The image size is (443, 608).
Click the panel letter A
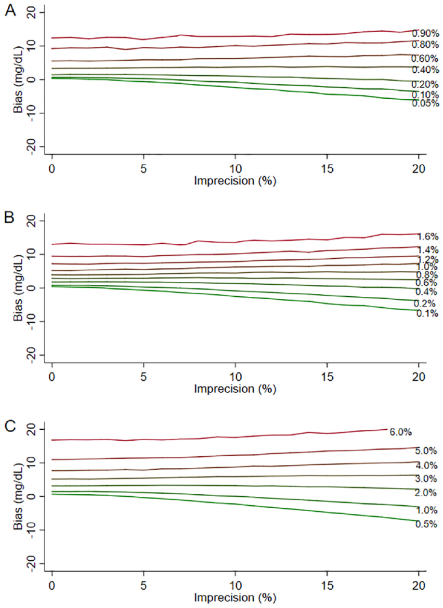click(x=10, y=12)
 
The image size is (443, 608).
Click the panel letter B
click(x=10, y=218)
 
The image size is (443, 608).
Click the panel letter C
click(x=10, y=427)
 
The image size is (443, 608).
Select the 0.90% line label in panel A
click(x=425, y=34)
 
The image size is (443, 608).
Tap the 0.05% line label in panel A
click(x=425, y=103)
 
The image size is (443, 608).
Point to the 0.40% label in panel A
click(x=425, y=70)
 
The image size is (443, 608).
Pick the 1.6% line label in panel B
click(x=427, y=237)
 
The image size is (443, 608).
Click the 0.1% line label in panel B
click(x=427, y=314)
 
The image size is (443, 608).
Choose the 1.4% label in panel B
click(x=427, y=250)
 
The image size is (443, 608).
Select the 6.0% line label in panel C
click(x=401, y=432)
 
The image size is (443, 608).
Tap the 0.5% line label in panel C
click(x=426, y=524)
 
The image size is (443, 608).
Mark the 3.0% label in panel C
click(x=426, y=479)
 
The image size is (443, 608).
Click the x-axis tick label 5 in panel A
click(x=143, y=169)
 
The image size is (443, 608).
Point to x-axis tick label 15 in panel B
click(x=327, y=377)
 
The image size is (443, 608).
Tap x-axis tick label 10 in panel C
click(x=235, y=586)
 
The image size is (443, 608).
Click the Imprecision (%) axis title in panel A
click(x=235, y=181)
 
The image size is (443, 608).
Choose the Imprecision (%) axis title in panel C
click(x=235, y=598)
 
